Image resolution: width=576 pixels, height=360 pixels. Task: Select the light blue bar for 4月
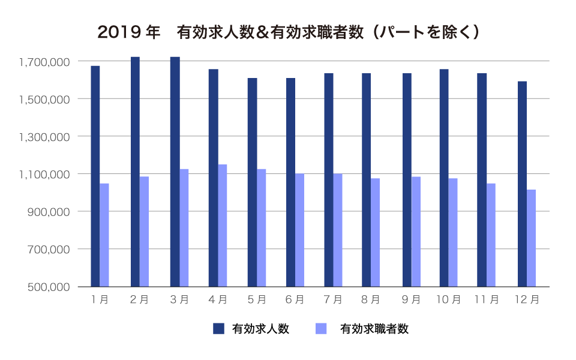[x=222, y=225]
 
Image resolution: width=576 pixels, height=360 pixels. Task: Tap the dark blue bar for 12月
[x=522, y=184]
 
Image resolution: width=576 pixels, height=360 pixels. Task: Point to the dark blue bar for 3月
[x=175, y=172]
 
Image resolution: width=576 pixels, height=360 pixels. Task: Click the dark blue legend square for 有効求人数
[x=219, y=328]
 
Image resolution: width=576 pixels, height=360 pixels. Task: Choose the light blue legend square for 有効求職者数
[x=321, y=328]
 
